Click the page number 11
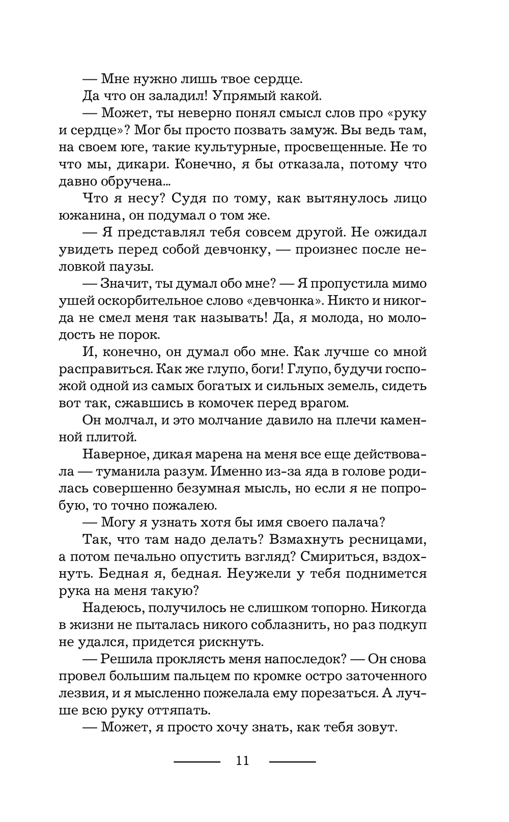242,760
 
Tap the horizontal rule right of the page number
292,761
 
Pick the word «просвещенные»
329,147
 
